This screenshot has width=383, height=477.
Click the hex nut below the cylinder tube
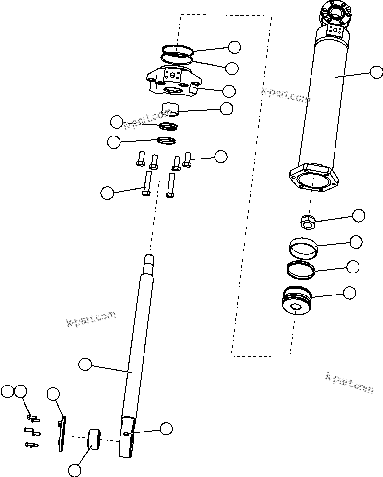[x=307, y=223]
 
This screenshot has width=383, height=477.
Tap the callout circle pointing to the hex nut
[x=359, y=215]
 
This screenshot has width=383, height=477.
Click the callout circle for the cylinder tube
[x=376, y=72]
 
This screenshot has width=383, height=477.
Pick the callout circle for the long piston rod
[x=85, y=364]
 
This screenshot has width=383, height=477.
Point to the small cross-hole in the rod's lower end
[x=127, y=433]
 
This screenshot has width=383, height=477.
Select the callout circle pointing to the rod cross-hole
[x=166, y=429]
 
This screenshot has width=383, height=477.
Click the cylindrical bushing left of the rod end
[x=94, y=438]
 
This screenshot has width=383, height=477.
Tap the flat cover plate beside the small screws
[x=60, y=434]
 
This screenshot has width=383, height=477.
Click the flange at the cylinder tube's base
[x=313, y=179]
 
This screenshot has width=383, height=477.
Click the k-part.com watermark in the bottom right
[x=349, y=382]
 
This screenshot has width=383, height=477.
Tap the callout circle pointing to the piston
[x=349, y=293]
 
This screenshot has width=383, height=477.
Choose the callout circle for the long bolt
[x=107, y=193]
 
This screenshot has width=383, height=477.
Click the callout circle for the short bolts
[x=221, y=157]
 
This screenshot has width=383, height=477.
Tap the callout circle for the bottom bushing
[x=74, y=470]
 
